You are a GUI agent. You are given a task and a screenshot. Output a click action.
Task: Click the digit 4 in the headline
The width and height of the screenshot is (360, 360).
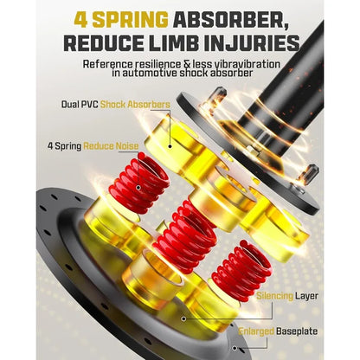80,20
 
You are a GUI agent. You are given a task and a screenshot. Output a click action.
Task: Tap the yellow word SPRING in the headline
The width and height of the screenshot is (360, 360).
130,20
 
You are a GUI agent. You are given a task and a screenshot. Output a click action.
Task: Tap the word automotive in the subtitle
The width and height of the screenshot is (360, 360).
150,73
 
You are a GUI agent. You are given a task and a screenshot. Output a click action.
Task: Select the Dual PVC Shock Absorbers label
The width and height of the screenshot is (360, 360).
116,104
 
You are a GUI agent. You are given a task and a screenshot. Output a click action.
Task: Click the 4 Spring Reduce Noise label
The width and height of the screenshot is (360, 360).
93,146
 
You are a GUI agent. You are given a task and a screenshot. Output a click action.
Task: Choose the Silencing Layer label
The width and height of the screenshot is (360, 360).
287,296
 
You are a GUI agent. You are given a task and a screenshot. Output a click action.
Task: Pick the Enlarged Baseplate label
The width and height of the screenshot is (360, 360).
278,331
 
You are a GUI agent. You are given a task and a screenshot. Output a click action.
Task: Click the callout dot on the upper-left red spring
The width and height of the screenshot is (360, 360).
138,188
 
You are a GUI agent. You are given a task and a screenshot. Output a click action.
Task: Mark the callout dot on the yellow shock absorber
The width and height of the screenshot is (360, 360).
170,146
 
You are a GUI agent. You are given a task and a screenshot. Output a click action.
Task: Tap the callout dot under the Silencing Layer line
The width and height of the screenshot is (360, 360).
183,318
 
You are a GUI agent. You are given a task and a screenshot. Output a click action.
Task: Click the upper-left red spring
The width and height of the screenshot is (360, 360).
139,183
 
